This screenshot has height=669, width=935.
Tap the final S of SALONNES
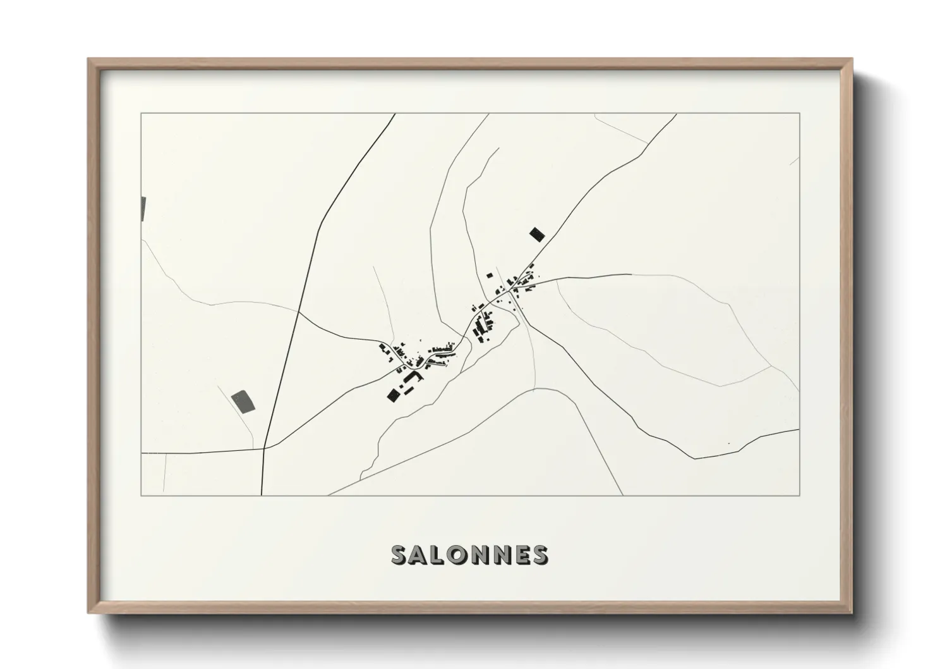tap(540, 555)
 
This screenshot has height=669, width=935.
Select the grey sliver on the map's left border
tap(143, 209)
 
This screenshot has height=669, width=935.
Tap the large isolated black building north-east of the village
tap(536, 235)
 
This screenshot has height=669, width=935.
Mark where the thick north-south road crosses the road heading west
tap(264, 448)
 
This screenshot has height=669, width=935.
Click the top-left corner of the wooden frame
tap(88, 59)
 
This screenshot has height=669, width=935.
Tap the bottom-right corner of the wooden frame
tap(852, 613)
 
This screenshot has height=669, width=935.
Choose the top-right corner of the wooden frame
tap(852, 59)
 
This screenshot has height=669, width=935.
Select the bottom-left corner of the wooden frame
tap(88, 613)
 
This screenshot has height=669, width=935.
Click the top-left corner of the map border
tap(141, 113)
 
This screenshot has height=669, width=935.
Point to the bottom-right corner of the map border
tap(800, 495)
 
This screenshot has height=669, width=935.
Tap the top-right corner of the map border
tap(800, 113)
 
